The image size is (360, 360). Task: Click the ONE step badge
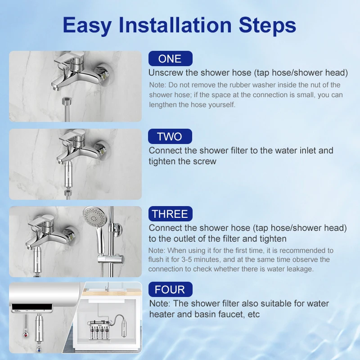[171, 58]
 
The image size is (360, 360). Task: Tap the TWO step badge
[170, 136]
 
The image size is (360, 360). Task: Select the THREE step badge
[171, 214]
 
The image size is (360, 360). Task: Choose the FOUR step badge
[171, 289]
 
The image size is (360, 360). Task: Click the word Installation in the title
[175, 25]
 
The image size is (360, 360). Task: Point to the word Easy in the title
[87, 26]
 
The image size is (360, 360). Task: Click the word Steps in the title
[267, 26]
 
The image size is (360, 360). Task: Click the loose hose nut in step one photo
[67, 101]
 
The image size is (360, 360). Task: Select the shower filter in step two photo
[68, 175]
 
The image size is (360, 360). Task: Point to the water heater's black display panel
[32, 307]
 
